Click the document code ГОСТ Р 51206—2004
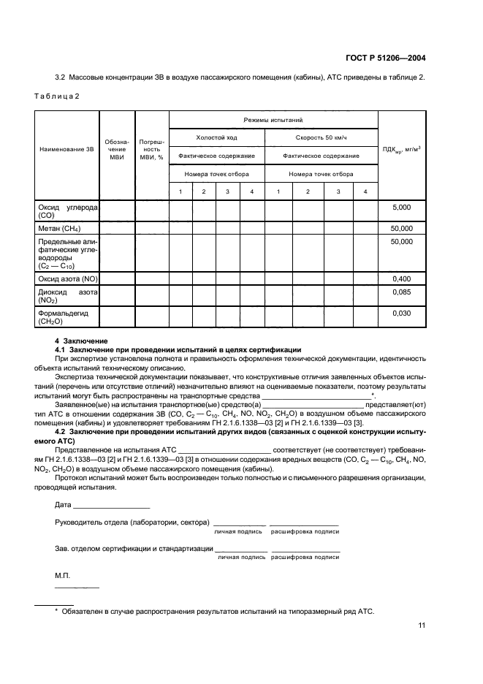[385, 57]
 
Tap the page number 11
[422, 625]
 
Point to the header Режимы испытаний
[273, 119]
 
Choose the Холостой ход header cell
[216, 137]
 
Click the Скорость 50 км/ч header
[321, 137]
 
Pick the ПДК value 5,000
[402, 208]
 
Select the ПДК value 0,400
[402, 278]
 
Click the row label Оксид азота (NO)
[67, 278]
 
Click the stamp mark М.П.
[62, 577]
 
